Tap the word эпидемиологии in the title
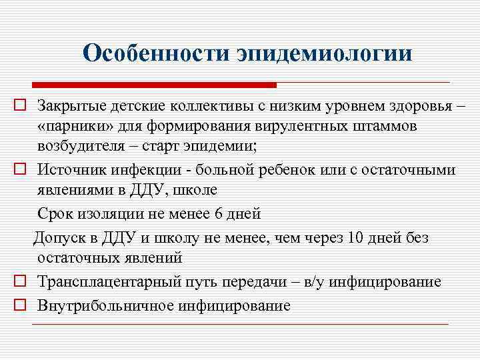pos(325,53)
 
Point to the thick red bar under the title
pos(155,85)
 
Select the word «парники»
pos(65,127)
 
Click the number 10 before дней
pos(356,237)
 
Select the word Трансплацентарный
pos(103,282)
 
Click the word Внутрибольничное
pos(105,306)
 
